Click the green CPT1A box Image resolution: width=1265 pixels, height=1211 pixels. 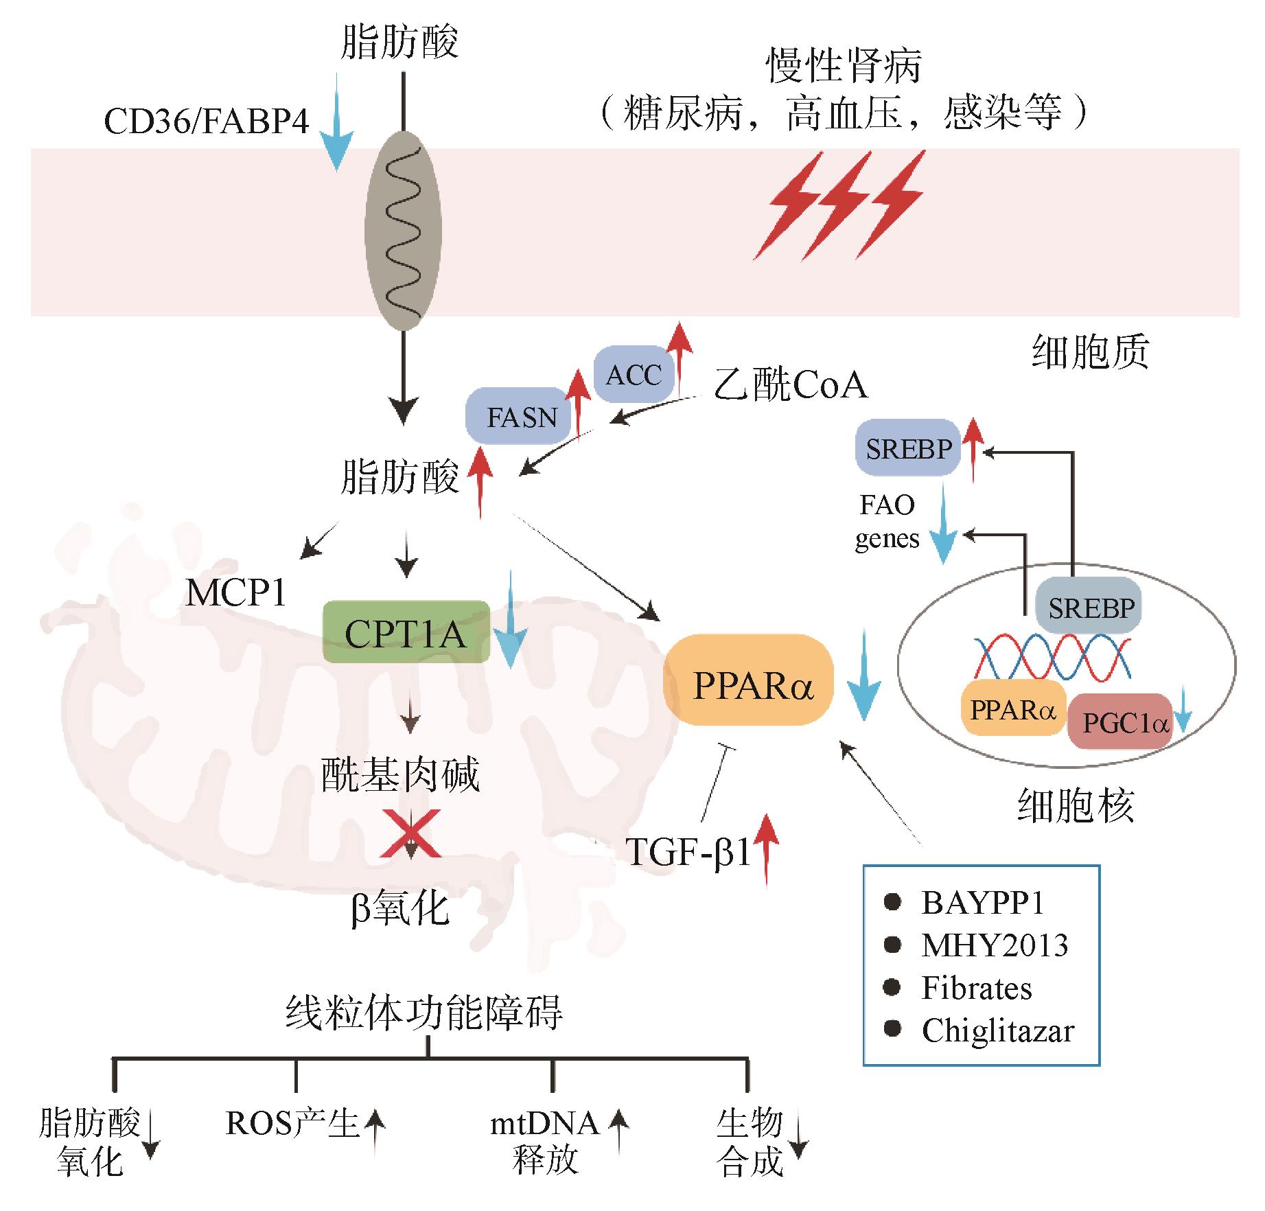click(406, 632)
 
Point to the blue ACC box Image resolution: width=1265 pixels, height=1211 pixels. click(633, 375)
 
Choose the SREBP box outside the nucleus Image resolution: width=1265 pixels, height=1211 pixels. click(908, 449)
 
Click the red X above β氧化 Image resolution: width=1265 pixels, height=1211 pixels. click(410, 833)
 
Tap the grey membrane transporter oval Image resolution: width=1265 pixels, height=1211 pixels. click(403, 230)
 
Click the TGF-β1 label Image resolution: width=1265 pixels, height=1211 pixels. click(688, 853)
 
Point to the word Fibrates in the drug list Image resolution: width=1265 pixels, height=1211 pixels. click(976, 988)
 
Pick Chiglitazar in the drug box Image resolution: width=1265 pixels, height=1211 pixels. click(997, 1030)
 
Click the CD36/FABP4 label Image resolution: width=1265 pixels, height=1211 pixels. click(207, 122)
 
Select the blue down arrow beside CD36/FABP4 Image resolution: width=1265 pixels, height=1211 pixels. click(336, 124)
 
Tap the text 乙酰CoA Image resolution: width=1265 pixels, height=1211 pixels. click(790, 385)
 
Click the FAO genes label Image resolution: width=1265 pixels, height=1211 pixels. click(887, 522)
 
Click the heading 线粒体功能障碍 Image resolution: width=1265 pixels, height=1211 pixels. click(424, 1013)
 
